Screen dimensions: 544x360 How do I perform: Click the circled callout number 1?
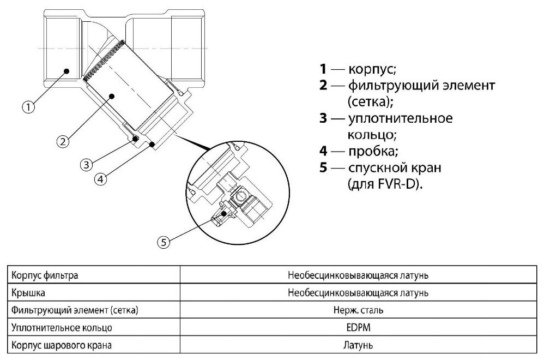pyautogui.click(x=28, y=107)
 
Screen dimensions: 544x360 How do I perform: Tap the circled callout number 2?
pyautogui.click(x=63, y=141)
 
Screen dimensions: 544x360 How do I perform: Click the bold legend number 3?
pyautogui.click(x=323, y=118)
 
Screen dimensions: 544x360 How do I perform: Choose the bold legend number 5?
pyautogui.click(x=323, y=167)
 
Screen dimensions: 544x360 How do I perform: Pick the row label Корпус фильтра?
pyautogui.click(x=45, y=275)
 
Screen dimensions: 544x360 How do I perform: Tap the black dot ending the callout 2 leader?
pyautogui.click(x=111, y=95)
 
